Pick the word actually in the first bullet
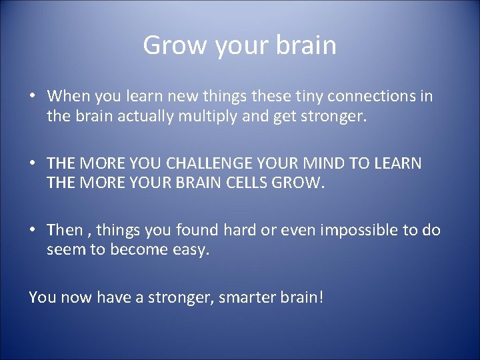click(x=156, y=117)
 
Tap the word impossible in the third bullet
click(x=353, y=230)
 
